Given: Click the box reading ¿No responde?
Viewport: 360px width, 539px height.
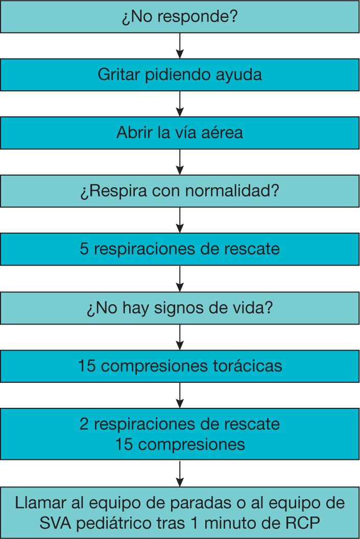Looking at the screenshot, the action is pos(180,16).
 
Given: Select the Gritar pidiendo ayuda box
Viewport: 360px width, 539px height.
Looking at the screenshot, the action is pos(180,75).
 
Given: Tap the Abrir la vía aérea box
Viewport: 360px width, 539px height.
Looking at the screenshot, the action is pos(180,133).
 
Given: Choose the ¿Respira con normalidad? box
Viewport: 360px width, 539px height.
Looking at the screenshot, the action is pos(180,191).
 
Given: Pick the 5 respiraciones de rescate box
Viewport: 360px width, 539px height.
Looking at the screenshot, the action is pos(180,250).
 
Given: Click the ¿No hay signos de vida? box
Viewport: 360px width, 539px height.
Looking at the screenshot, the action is pos(180,308).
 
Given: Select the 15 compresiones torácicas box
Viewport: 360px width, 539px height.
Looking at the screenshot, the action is pos(180,366).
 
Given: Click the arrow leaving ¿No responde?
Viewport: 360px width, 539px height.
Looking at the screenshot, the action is pos(180,45).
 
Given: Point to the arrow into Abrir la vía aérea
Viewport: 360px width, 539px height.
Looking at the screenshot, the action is pos(180,104).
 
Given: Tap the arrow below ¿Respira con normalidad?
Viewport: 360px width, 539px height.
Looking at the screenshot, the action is pos(180,220).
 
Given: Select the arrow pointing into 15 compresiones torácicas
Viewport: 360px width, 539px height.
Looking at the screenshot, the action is pos(180,337).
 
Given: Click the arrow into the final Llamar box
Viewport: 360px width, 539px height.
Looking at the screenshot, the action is pos(180,473).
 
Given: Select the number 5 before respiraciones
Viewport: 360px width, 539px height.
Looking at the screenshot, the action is pos(84,250).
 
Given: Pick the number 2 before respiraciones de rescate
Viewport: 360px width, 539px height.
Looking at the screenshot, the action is pos(84,424).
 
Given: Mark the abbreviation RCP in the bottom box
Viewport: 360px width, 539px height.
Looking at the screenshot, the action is pos(307,523).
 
